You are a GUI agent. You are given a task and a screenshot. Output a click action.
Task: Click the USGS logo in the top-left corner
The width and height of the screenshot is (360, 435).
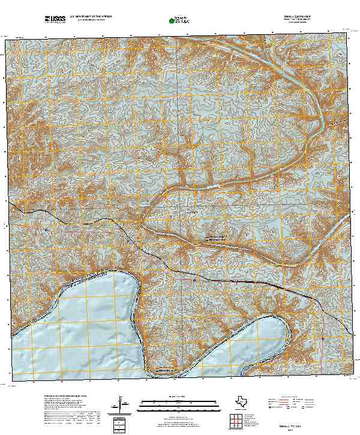[x=55, y=20]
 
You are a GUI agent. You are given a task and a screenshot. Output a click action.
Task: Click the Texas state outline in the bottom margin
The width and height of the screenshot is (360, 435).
[x=243, y=401]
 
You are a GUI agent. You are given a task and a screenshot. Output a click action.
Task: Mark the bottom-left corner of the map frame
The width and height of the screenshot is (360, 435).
[x=12, y=380]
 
